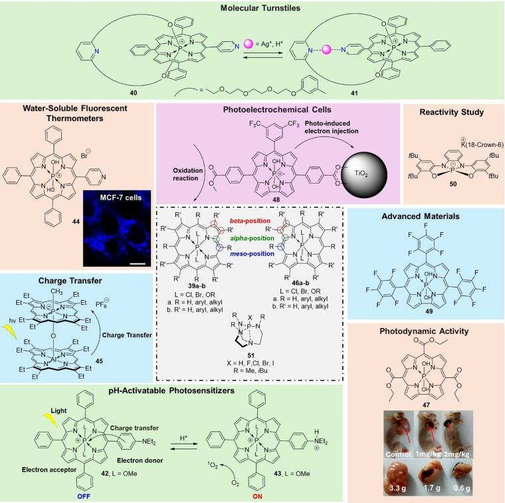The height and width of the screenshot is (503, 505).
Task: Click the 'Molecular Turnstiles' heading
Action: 252,7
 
